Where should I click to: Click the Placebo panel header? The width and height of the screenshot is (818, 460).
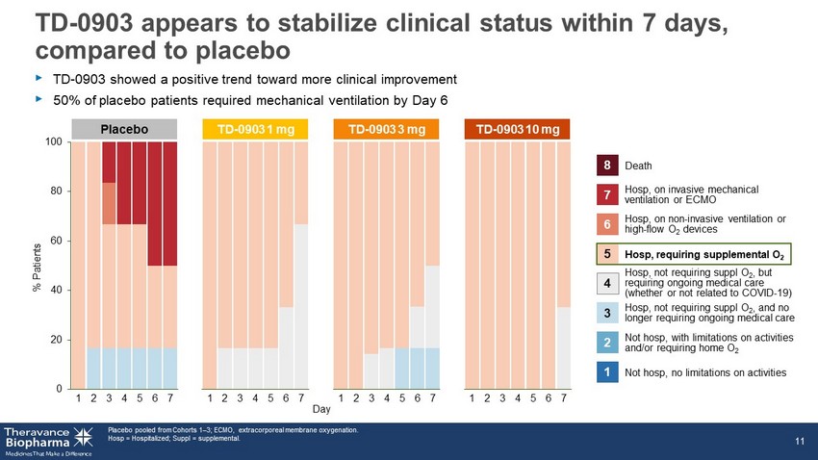(x=124, y=129)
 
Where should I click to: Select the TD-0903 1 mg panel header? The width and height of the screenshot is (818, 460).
(x=255, y=129)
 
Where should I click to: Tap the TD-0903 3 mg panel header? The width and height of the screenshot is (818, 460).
(x=386, y=129)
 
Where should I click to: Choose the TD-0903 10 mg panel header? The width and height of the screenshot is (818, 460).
(x=517, y=129)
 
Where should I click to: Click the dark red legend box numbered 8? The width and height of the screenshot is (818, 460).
(x=607, y=166)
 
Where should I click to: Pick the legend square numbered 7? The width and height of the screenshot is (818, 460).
(x=607, y=194)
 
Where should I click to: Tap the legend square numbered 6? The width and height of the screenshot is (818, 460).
(x=607, y=224)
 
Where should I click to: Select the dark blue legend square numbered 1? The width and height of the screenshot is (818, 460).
(x=607, y=372)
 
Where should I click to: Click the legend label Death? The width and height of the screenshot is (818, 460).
(x=638, y=166)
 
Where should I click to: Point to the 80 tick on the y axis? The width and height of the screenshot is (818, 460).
(x=56, y=191)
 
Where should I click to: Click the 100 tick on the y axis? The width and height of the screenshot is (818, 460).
(x=53, y=141)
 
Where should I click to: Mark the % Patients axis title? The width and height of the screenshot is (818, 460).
(x=37, y=267)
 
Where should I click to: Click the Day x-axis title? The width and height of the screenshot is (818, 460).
(x=321, y=409)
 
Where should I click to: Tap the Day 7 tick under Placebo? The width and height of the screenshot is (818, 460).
(x=170, y=398)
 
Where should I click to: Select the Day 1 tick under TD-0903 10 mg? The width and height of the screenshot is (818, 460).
(x=472, y=398)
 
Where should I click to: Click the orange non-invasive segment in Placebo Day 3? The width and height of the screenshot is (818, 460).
(x=109, y=203)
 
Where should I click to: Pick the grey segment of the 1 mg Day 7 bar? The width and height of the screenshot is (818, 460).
(x=301, y=307)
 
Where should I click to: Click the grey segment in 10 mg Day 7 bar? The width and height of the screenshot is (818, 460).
(x=563, y=347)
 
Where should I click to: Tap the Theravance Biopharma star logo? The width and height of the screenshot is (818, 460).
(x=83, y=437)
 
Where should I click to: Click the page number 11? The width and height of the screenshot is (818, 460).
(x=800, y=441)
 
